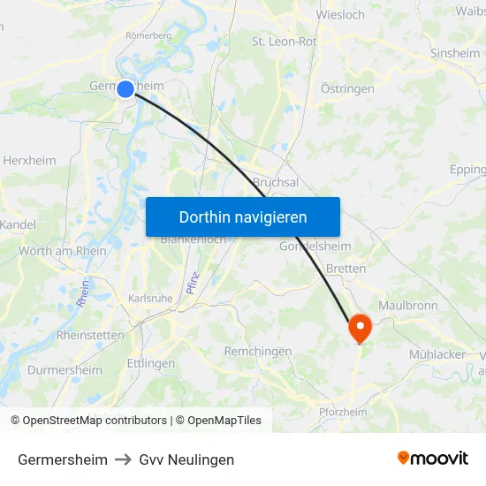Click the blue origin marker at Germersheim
(x=125, y=88)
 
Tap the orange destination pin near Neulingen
(x=360, y=328)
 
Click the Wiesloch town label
(x=340, y=14)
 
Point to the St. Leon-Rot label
(x=285, y=41)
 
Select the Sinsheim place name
(x=455, y=53)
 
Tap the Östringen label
(x=347, y=88)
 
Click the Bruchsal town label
(x=276, y=182)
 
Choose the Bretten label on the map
(x=346, y=268)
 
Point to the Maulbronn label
(x=408, y=306)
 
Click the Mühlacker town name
(x=437, y=354)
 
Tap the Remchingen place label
(x=258, y=351)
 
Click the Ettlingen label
(x=151, y=363)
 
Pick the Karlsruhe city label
(x=150, y=299)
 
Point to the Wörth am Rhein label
(x=63, y=251)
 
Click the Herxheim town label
(x=29, y=161)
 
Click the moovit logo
(x=433, y=459)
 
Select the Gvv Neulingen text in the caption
(x=186, y=459)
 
